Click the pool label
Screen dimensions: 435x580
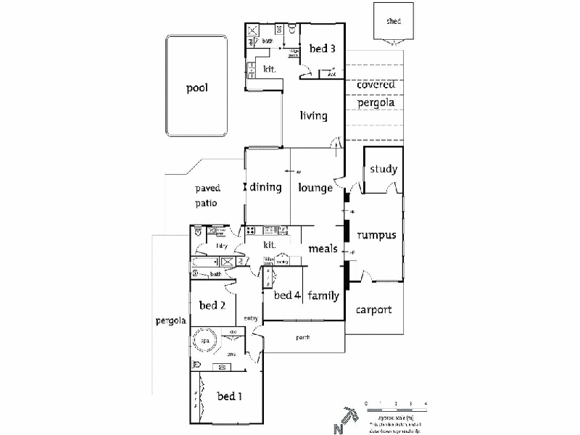(x=196, y=88)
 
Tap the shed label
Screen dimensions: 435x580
(x=393, y=22)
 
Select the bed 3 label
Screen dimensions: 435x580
(x=323, y=49)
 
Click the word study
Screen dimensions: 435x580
(x=384, y=170)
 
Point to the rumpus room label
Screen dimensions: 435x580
(x=376, y=235)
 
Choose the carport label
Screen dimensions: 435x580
(x=374, y=310)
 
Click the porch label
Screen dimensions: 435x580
(x=304, y=337)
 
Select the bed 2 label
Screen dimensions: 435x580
(x=212, y=305)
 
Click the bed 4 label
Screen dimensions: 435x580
(x=287, y=295)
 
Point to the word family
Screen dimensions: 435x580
(x=323, y=295)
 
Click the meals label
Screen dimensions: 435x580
(x=323, y=249)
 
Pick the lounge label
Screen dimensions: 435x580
(x=315, y=188)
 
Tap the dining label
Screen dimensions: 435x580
(x=265, y=187)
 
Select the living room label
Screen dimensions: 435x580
(x=313, y=115)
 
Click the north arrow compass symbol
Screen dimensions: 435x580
(x=347, y=418)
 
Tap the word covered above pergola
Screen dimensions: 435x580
(x=376, y=85)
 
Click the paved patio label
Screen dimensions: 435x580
(x=207, y=196)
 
